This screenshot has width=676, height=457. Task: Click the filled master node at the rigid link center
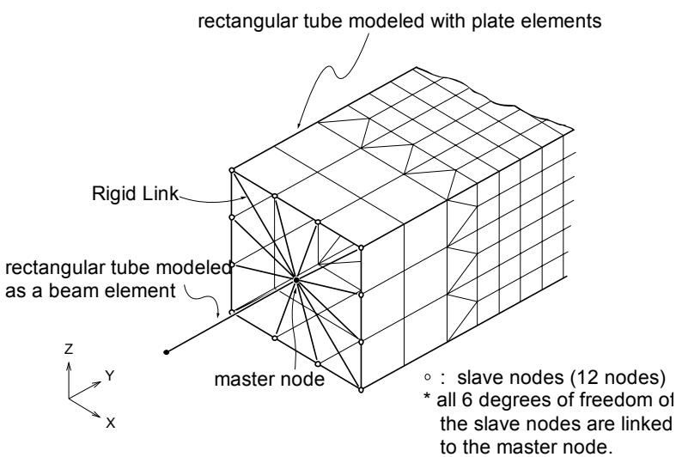coord(296,280)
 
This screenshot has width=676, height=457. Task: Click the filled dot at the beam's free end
coord(167,352)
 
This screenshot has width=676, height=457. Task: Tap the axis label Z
coord(69,349)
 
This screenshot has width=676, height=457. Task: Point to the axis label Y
coord(110,375)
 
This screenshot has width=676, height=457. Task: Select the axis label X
coord(111,423)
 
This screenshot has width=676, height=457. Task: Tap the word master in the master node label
coord(245,380)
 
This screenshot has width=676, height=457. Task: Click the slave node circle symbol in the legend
coord(428,377)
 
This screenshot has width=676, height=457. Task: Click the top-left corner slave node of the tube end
coord(232,170)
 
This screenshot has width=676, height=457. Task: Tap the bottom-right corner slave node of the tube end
coord(362,390)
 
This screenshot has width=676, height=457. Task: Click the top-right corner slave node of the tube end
coord(362,248)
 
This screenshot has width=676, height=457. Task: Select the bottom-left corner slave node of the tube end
coord(232,312)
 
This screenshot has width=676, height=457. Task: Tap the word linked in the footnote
coord(644,423)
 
